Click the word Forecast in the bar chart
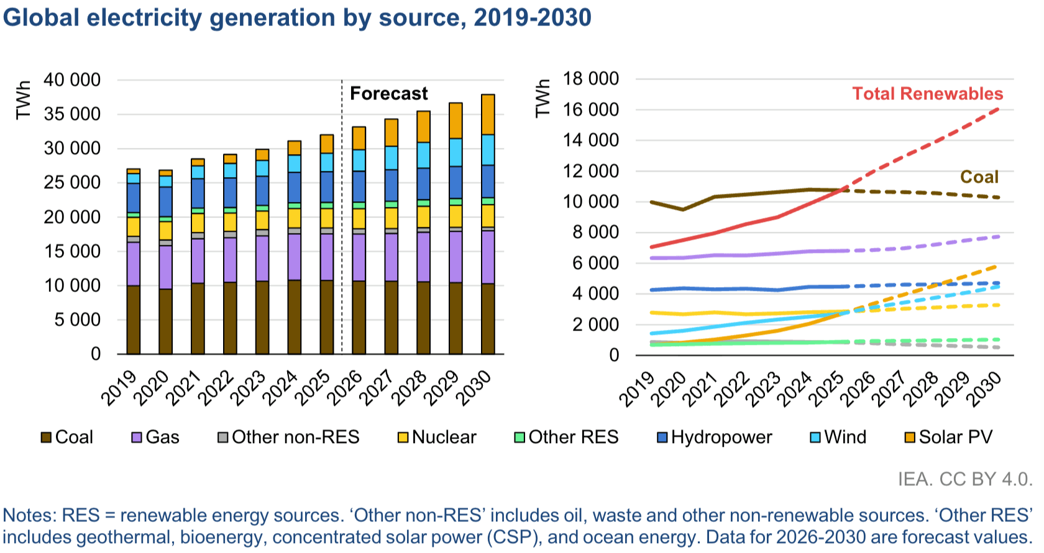388,94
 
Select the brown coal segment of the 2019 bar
134,320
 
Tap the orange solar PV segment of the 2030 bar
488,114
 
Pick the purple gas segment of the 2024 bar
295,257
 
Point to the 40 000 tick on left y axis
71,80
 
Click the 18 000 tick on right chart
590,79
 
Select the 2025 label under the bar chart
313,388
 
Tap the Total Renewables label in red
927,94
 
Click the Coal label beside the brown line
979,177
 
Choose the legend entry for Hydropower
715,437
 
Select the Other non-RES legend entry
289,437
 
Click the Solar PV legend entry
949,437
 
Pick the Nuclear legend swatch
403,437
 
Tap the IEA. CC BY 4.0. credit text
964,479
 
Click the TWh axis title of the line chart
543,98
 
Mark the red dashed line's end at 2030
998,109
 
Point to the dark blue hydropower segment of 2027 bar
391,185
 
